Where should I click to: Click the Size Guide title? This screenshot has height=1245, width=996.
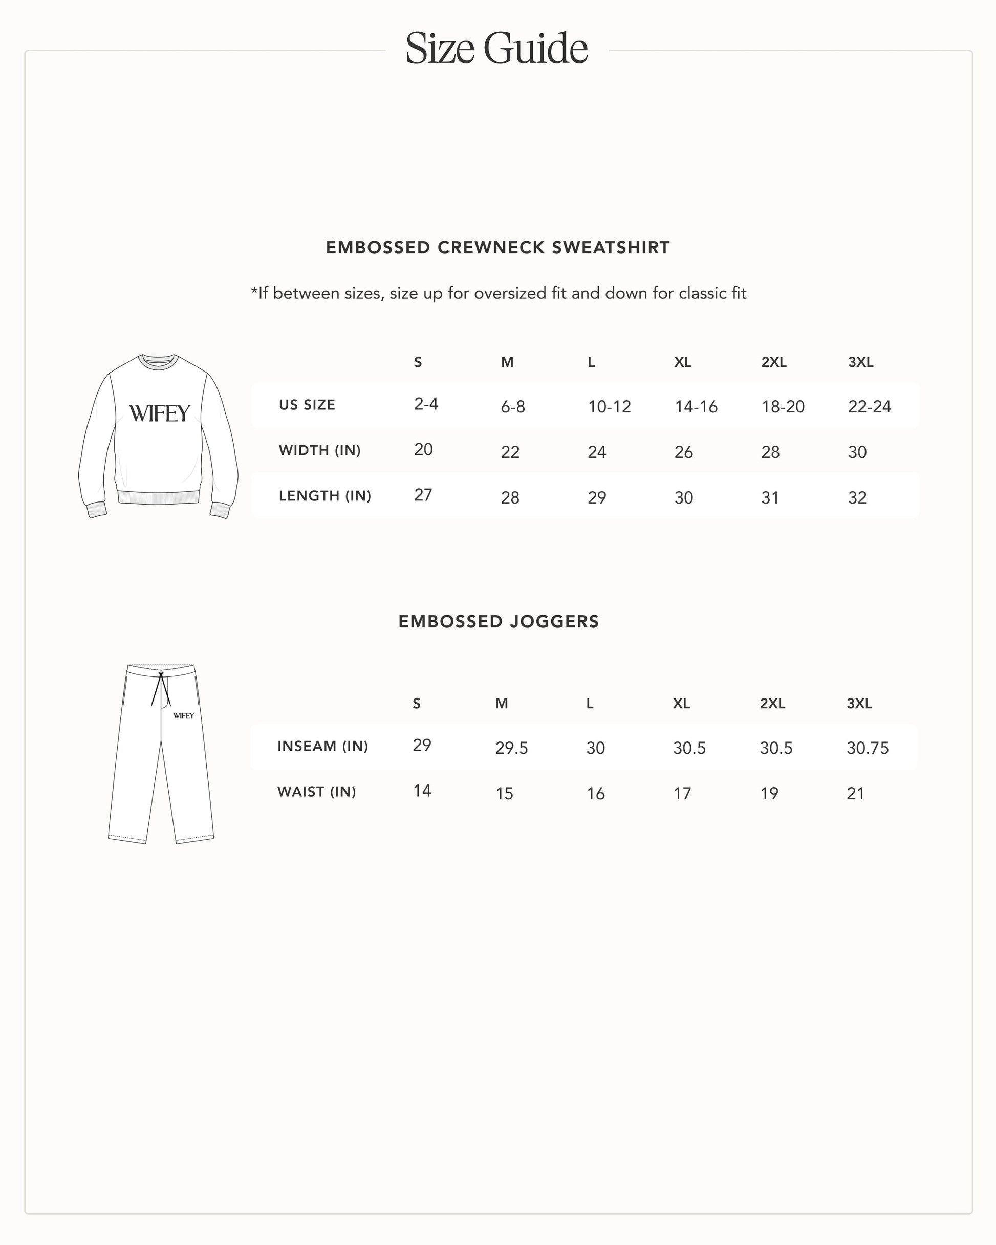[497, 49]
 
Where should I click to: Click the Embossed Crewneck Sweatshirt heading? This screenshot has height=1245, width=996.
[497, 247]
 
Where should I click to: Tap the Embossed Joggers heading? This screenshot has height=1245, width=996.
[499, 621]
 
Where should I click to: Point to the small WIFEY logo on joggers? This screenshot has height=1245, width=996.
[184, 716]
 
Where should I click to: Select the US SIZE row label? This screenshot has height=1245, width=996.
[307, 405]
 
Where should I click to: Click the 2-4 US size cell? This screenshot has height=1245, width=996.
[426, 404]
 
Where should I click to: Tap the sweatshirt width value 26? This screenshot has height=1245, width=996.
[683, 452]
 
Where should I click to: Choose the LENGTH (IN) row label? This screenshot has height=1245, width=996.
[324, 496]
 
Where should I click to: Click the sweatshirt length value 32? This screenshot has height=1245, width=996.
[857, 498]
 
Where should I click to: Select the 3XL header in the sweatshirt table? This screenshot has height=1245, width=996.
[860, 362]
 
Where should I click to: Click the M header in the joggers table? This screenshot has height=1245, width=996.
[502, 703]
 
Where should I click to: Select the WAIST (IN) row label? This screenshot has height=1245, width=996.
[317, 792]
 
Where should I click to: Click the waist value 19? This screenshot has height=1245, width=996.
[769, 794]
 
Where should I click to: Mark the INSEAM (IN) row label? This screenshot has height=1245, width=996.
[322, 746]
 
